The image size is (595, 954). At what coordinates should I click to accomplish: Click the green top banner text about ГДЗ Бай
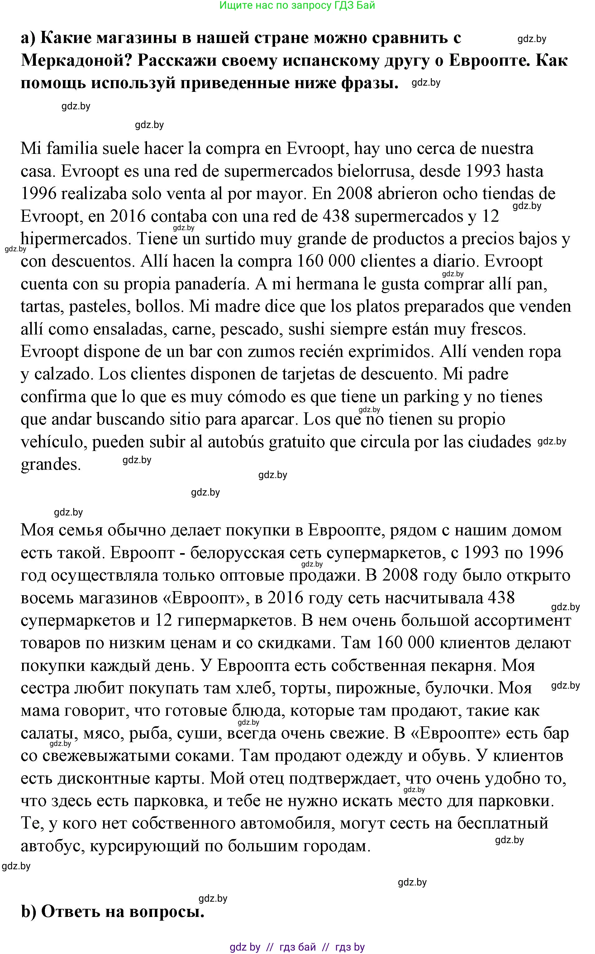(297, 6)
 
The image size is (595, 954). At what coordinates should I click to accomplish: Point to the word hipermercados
(75, 239)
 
